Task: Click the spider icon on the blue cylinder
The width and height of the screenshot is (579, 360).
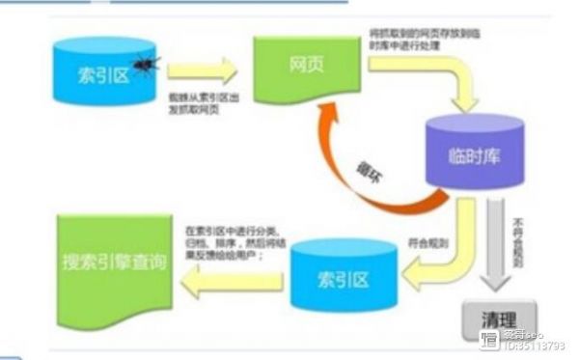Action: [x=146, y=65]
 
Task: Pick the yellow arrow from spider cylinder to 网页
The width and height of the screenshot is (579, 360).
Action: [x=202, y=70]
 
